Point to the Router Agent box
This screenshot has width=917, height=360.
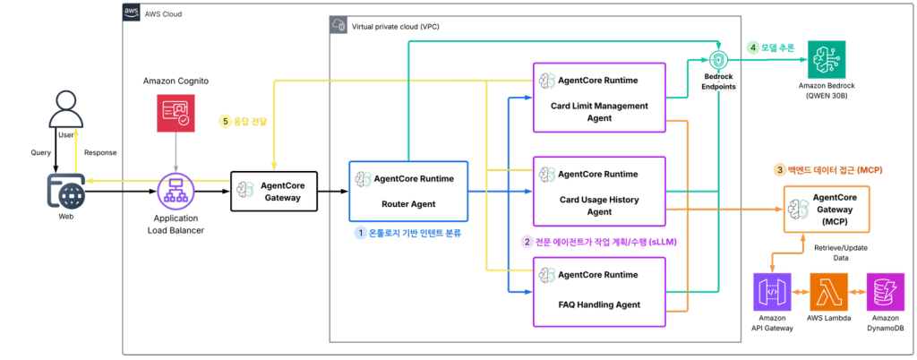coord(408,191)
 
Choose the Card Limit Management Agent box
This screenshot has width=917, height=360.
coord(599,97)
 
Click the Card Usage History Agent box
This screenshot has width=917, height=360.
coord(599,191)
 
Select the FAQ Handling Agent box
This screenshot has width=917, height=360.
coord(599,292)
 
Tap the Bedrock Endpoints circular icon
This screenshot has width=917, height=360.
coord(717,60)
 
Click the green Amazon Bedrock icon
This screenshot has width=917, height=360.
coord(827,59)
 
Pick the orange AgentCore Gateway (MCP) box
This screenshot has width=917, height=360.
coord(827,208)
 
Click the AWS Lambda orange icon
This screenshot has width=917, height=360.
coord(828,291)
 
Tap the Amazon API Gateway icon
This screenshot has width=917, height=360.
coord(774,291)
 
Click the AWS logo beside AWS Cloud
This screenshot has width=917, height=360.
coord(131,13)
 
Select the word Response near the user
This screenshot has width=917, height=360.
coord(100,152)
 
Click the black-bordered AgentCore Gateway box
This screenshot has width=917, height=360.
coord(274,191)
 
